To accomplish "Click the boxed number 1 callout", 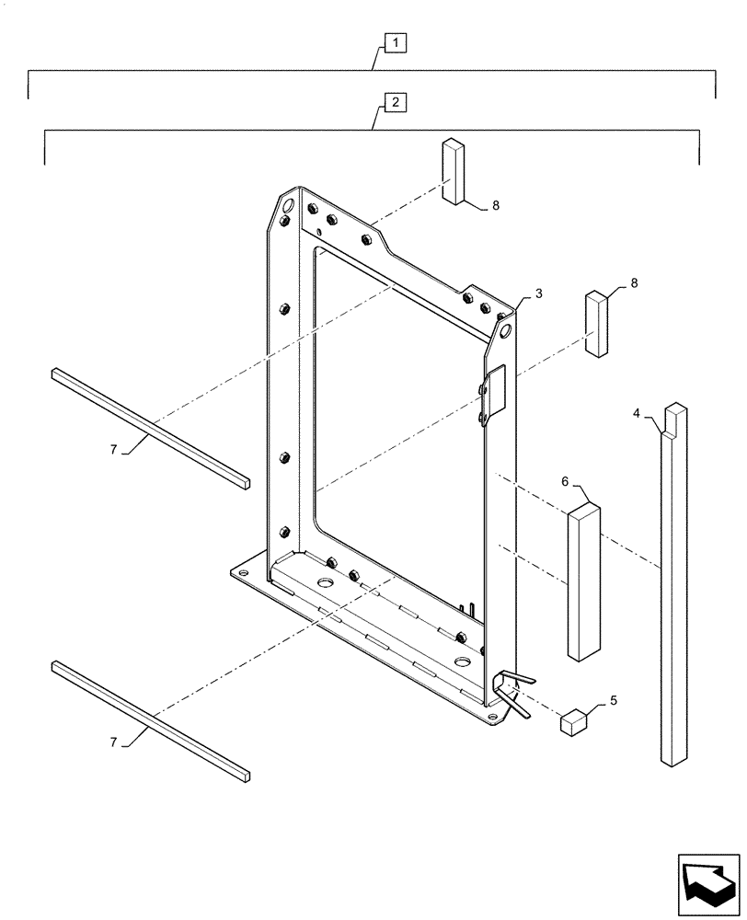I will [x=393, y=41].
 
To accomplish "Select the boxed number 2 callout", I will [x=394, y=102].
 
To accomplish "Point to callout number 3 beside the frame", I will [x=538, y=293].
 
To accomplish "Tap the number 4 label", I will [x=637, y=413].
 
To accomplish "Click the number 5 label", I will [x=614, y=700].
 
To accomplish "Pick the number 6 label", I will [x=565, y=481].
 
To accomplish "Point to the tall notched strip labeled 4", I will [x=674, y=589].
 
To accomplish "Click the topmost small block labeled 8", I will [x=454, y=171].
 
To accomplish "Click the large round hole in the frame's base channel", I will [x=326, y=583].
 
